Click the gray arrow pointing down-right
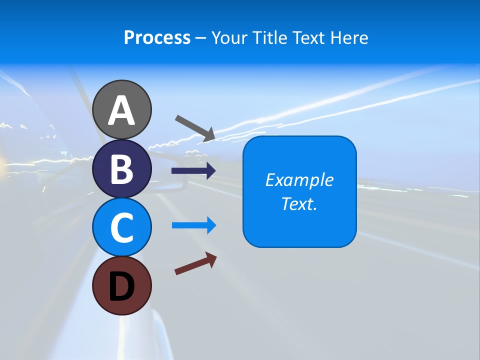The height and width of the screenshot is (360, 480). coord(195,128)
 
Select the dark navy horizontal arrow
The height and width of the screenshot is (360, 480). coord(193,171)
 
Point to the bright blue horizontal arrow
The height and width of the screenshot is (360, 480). coord(194,225)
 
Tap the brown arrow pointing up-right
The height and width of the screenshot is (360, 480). coord(195,263)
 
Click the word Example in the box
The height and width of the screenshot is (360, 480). coord(299,180)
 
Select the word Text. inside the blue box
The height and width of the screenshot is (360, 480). coord(299,204)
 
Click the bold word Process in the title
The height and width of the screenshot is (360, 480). coord(157,37)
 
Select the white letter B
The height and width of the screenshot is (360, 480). coord(122,169)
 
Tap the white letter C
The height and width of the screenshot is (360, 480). coord(122,227)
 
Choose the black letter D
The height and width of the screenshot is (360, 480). coord(122,286)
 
